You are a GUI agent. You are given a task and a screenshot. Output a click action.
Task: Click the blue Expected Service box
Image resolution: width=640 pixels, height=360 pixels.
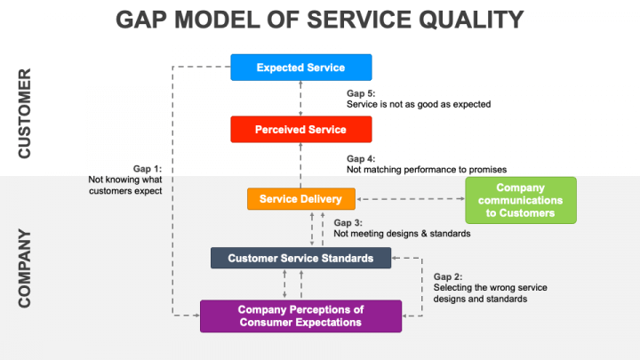pos(300,68)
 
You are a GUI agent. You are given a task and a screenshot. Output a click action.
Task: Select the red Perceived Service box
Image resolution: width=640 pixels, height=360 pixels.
pos(300,130)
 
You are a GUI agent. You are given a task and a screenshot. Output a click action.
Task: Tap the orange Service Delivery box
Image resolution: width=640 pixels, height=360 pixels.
pos(300,199)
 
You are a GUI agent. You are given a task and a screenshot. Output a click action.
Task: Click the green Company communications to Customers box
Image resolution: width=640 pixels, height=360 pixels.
pos(521,200)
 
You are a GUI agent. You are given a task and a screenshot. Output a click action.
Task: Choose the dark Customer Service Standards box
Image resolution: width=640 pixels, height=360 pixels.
pos(301,259)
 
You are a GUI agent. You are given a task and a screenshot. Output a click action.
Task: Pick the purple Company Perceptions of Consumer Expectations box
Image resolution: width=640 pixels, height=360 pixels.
pos(300,316)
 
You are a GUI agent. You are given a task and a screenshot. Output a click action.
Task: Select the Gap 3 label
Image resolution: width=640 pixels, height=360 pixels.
pos(347,222)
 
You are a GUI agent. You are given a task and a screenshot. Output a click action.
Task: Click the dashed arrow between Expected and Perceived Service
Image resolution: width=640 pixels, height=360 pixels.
pos(300,98)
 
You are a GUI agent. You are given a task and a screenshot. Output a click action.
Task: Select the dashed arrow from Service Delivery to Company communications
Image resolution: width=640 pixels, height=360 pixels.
pos(412,199)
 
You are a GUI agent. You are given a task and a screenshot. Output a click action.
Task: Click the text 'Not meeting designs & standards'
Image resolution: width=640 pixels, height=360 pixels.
pos(402,234)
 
